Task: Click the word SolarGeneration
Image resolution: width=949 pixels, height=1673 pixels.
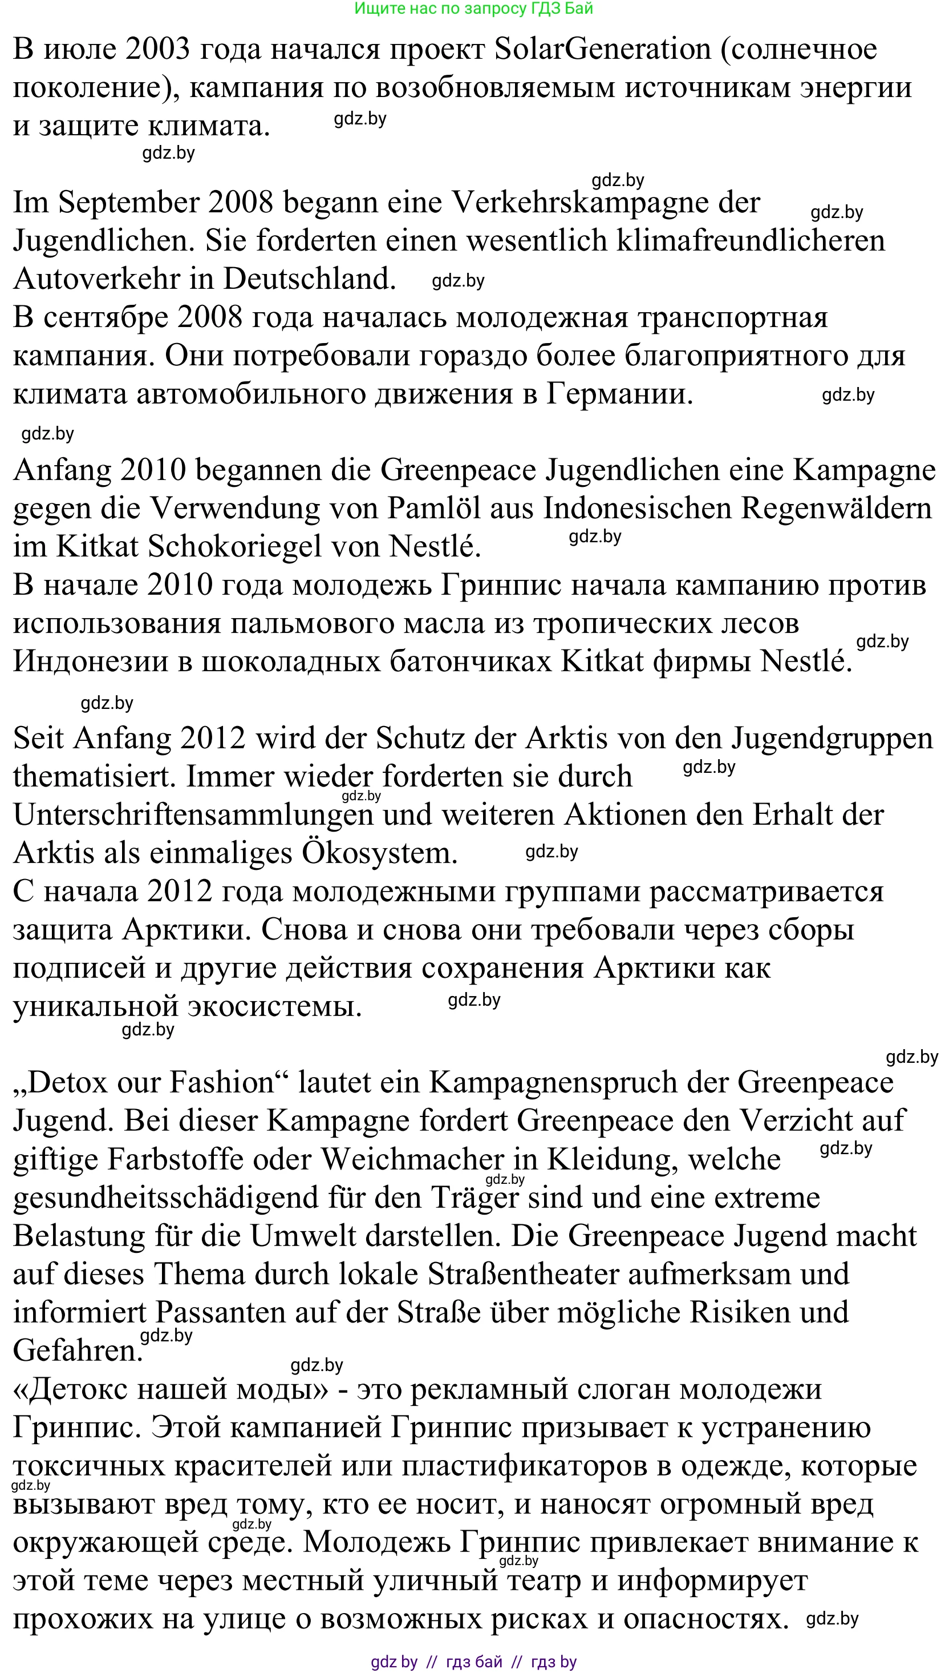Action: [x=602, y=49]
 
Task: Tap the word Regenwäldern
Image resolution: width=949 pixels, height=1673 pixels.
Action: [x=836, y=508]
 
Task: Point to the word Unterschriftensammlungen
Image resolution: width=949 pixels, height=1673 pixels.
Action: [x=193, y=815]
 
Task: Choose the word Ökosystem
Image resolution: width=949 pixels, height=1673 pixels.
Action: [x=379, y=853]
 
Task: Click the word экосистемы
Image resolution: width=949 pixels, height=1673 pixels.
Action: [x=274, y=1006]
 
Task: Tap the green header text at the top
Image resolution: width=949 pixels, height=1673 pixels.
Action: [x=474, y=9]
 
